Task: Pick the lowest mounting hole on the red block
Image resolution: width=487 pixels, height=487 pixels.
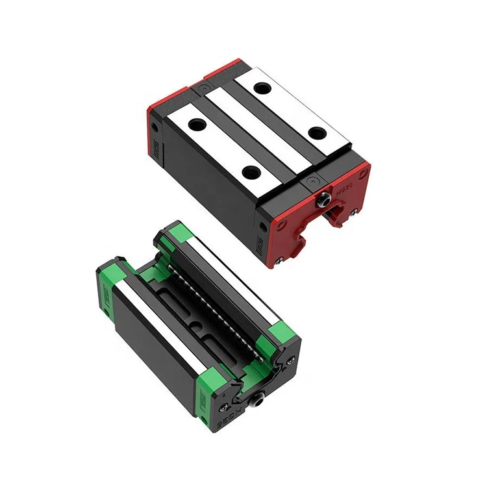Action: [250, 173]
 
